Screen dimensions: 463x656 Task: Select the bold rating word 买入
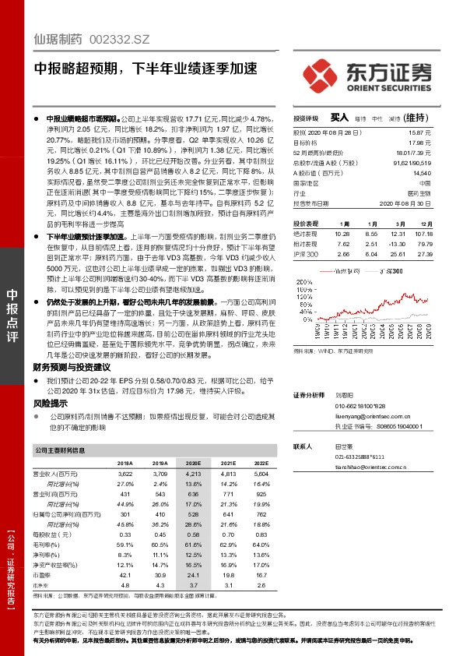[x=339, y=117]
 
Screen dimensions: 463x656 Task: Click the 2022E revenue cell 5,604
[x=261, y=473]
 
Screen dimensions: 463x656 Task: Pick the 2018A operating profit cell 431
[x=125, y=495]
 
